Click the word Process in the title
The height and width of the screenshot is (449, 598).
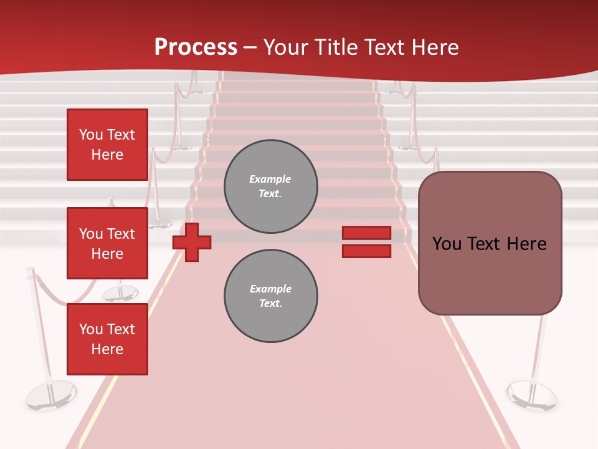pyautogui.click(x=196, y=47)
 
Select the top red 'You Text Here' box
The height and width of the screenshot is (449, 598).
pyautogui.click(x=107, y=145)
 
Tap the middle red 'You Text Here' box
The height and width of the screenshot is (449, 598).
pyautogui.click(x=107, y=243)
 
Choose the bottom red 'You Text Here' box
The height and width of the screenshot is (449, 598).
pyautogui.click(x=107, y=339)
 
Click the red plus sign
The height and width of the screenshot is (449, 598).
pyautogui.click(x=192, y=243)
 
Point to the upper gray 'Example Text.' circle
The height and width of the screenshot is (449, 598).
pyautogui.click(x=270, y=186)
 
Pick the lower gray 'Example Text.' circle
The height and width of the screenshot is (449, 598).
pyautogui.click(x=270, y=296)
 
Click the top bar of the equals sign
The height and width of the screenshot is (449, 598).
pyautogui.click(x=366, y=233)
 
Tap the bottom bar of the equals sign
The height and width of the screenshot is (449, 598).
pyautogui.click(x=366, y=251)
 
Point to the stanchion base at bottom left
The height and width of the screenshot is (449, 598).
pyautogui.click(x=50, y=395)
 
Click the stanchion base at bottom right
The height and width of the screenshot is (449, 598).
pyautogui.click(x=531, y=394)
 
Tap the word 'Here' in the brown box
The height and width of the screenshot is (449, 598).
pyautogui.click(x=526, y=244)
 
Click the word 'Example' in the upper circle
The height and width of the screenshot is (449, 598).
pyautogui.click(x=270, y=180)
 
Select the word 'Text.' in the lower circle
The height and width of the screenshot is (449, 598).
pyautogui.click(x=270, y=304)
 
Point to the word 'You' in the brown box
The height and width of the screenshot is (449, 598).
pyautogui.click(x=447, y=244)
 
